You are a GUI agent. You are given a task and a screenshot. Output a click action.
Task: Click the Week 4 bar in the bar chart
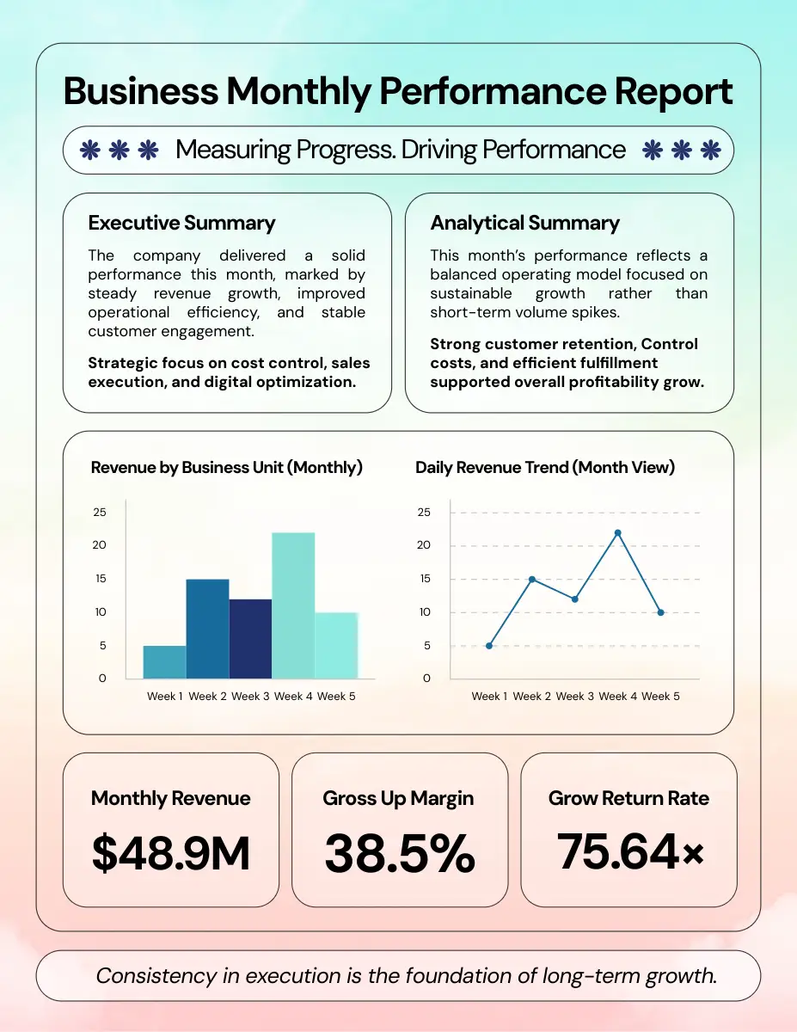(x=293, y=605)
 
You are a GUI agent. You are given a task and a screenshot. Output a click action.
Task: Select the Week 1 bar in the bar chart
(x=164, y=661)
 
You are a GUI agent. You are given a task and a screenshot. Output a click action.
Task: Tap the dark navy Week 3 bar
(x=250, y=638)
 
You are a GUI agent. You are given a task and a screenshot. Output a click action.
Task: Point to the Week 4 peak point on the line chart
(x=617, y=533)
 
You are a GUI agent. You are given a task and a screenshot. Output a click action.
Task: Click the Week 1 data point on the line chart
(x=489, y=646)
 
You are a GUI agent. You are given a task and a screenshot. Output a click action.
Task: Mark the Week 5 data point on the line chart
(x=660, y=612)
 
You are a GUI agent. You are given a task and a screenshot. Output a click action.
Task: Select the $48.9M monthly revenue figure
(x=170, y=854)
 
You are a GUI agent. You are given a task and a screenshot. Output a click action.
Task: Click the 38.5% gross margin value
(x=399, y=854)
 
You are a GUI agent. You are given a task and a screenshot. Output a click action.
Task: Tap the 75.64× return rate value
(x=629, y=851)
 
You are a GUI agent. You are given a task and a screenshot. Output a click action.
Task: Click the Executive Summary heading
(x=181, y=224)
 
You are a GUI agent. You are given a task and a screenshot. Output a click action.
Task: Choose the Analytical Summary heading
(x=524, y=224)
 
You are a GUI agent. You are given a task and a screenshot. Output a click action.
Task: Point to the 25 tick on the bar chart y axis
(x=100, y=513)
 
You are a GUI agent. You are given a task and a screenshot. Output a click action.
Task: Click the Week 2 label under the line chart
(x=532, y=696)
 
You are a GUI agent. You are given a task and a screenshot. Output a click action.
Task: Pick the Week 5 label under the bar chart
(x=336, y=696)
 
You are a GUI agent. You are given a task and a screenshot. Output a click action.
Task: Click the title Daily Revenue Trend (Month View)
(x=545, y=468)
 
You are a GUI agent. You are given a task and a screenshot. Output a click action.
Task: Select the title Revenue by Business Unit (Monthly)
(x=227, y=468)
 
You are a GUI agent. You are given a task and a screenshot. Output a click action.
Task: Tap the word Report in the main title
(x=659, y=92)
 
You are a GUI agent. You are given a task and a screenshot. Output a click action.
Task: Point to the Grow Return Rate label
(x=628, y=798)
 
